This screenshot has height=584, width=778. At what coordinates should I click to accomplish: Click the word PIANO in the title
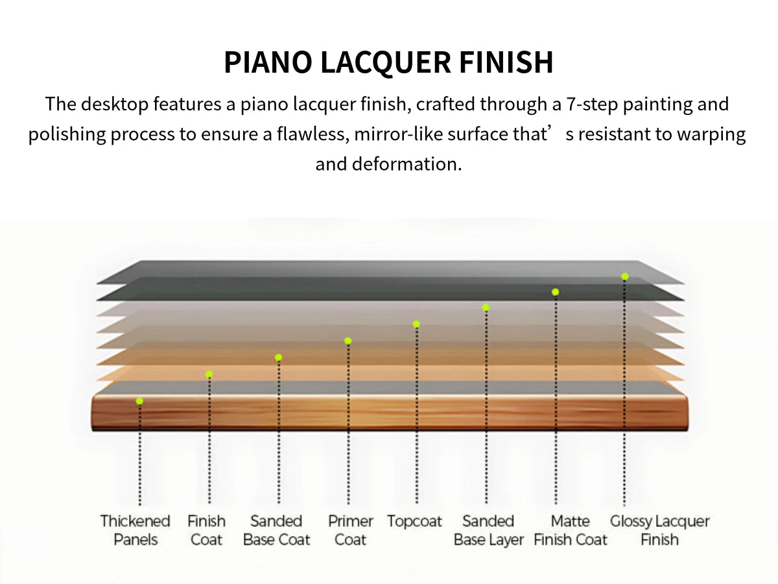[268, 62]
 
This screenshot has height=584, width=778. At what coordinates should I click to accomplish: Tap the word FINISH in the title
[506, 62]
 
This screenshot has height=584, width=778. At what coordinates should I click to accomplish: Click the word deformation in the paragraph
[407, 164]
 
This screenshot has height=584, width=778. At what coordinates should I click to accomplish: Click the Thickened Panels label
[135, 530]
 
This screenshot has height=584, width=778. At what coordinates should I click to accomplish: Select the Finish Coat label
[206, 530]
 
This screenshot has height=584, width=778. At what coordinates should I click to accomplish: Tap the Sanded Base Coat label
[276, 530]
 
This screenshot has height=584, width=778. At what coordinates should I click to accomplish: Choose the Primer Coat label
[350, 530]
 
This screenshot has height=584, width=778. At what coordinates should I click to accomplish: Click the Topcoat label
[414, 522]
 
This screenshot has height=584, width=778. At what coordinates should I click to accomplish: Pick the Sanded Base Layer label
[488, 530]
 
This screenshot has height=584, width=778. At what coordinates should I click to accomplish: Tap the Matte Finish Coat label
[571, 530]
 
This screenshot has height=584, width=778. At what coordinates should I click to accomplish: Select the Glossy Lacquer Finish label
[659, 530]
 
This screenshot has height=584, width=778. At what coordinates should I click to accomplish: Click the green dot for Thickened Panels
[139, 401]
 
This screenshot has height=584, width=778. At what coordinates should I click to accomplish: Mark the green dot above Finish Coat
[209, 374]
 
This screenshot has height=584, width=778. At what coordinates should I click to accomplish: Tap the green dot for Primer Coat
[348, 341]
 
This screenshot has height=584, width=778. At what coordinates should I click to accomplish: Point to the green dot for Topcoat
[416, 324]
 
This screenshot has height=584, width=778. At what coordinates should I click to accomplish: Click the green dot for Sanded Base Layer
[486, 308]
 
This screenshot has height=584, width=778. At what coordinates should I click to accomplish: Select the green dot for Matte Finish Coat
[556, 292]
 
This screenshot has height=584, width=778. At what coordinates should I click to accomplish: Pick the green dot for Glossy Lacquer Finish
[625, 276]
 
